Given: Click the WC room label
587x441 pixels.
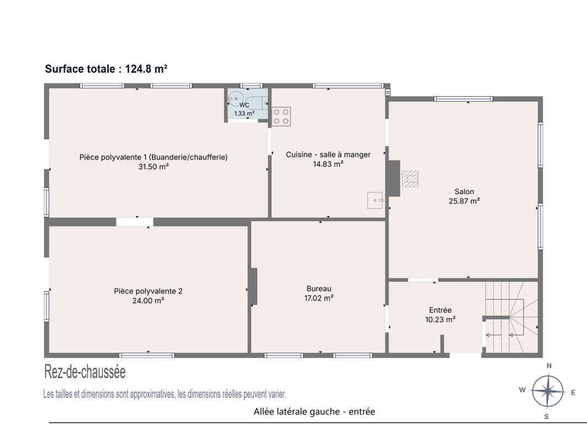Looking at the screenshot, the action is coord(244,105).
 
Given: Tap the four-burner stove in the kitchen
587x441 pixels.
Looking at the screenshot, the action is coord(281,116).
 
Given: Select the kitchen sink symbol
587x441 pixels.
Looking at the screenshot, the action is coord(375,200).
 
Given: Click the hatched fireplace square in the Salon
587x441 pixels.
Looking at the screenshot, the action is coord(410,179).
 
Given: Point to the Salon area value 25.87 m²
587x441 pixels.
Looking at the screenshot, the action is coord(464,201).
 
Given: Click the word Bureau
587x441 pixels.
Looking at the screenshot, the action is coord(319,288).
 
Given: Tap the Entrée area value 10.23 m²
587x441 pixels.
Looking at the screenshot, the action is coord(441,320).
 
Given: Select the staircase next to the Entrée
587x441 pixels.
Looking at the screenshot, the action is coord(512,317).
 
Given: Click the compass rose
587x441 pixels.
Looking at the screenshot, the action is coord(547,391).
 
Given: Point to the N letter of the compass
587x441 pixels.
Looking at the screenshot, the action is coord(549,366).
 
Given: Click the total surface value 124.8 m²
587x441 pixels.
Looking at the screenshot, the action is coord(146,69).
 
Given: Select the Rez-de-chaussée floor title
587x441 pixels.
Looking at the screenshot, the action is coord(85,372).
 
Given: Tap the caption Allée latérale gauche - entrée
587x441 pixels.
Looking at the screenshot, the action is coord(314,411).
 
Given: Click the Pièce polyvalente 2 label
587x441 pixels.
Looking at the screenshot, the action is coord(148,291).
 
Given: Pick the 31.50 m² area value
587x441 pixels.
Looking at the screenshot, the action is coord(154,166).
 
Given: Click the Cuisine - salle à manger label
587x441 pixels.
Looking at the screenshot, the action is coord(328,154).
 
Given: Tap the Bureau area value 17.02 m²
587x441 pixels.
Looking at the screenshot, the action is coord(319,298).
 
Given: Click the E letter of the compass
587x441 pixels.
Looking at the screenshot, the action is coord(573,392).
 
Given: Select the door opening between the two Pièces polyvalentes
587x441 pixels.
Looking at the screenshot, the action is coord(135,222).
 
